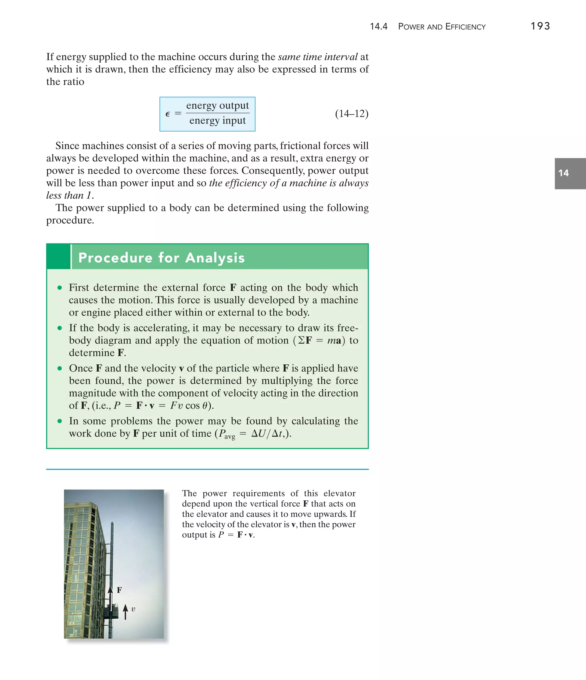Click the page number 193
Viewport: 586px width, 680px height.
point(540,26)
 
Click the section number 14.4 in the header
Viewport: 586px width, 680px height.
point(379,27)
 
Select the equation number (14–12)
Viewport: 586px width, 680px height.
point(352,114)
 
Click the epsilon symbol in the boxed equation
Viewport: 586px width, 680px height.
point(167,114)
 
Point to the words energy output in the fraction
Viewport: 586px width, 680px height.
point(217,106)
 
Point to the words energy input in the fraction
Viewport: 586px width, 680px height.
point(217,120)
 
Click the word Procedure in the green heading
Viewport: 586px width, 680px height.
point(115,258)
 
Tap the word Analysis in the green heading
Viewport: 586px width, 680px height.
point(215,258)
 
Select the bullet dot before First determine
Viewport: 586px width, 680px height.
point(60,288)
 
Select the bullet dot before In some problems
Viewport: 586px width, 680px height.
point(60,421)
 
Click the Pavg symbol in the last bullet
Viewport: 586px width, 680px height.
point(227,434)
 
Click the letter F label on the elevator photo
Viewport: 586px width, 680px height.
point(120,590)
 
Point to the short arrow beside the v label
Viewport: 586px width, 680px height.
point(125,612)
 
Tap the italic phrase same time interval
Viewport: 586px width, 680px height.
point(317,57)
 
